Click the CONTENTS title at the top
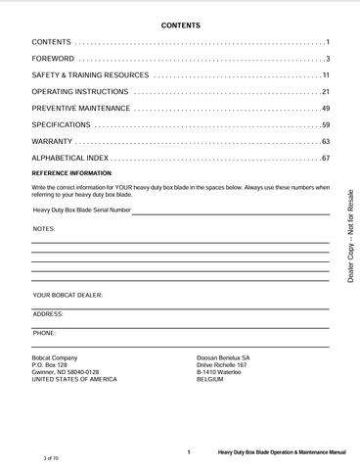coord(180,23)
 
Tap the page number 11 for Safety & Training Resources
coord(325,75)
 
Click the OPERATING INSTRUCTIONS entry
coord(74,92)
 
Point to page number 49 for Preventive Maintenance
coord(325,109)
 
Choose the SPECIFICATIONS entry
coord(62,125)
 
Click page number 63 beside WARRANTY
coord(325,142)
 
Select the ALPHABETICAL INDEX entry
coord(70,159)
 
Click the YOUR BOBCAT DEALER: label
coord(67,295)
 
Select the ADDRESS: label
coord(48,313)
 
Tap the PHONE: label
coord(45,333)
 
